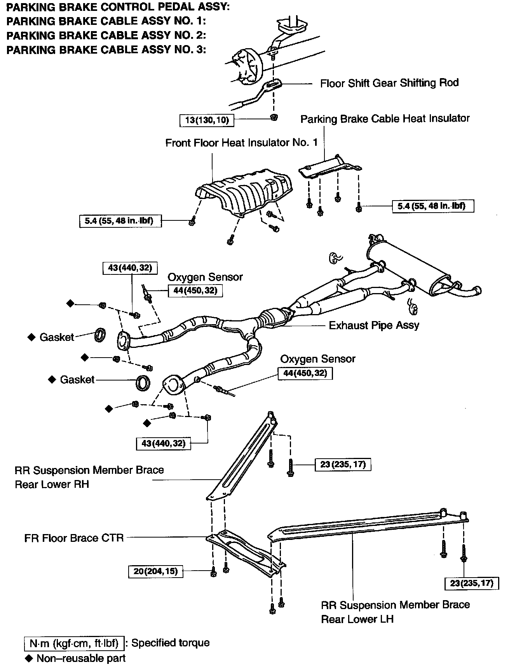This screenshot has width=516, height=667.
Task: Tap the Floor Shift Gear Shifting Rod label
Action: (389, 83)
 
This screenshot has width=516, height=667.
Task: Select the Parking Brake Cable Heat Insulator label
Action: (385, 119)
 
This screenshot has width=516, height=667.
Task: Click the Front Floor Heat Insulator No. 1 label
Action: (241, 143)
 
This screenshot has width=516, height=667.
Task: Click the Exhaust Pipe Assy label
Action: (374, 325)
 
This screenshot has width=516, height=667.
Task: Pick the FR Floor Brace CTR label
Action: (74, 538)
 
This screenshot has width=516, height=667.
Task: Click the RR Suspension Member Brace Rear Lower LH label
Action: (395, 611)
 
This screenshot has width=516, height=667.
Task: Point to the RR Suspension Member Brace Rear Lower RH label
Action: (89, 477)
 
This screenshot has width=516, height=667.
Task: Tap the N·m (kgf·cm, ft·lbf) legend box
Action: (74, 643)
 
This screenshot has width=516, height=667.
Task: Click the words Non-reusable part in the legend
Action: (81, 658)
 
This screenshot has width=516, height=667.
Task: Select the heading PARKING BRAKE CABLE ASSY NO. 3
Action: (106, 50)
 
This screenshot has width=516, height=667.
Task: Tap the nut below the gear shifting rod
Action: (274, 117)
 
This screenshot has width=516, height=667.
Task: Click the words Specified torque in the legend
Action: (170, 643)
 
